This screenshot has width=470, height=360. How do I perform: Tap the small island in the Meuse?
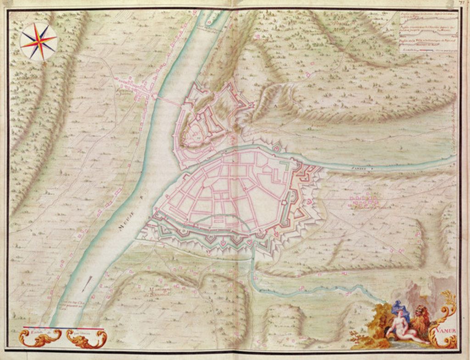point(209,21)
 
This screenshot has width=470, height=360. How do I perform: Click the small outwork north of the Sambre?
point(276,148)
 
